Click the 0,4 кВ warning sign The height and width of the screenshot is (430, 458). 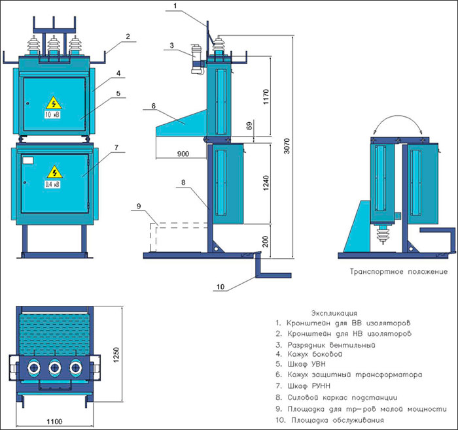tap(52, 174)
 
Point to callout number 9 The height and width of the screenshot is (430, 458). tap(139, 206)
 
